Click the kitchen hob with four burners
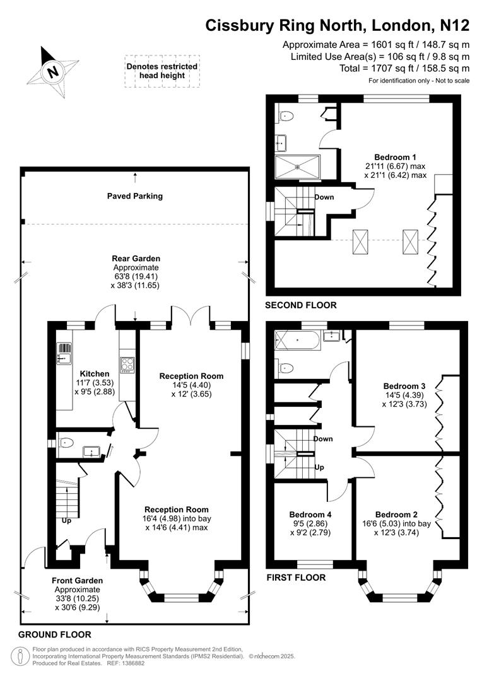(127, 364)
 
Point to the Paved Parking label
(134, 196)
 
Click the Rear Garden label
(136, 259)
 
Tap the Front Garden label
(77, 580)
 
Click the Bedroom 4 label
(310, 514)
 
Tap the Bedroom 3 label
(404, 386)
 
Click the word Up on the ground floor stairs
(66, 521)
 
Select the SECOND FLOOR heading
(301, 305)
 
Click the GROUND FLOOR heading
(55, 634)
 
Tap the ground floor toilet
(68, 443)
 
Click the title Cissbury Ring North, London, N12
(338, 25)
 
